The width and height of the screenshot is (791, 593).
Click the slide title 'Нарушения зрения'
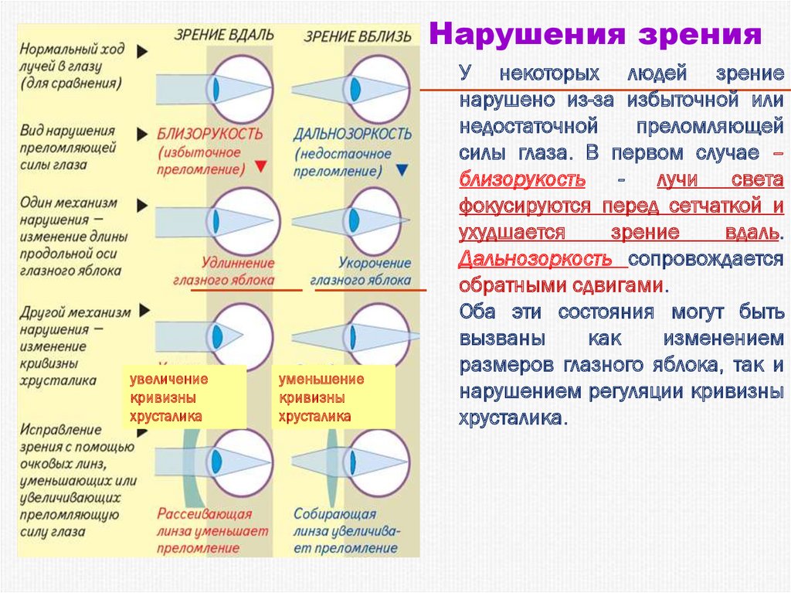(x=595, y=35)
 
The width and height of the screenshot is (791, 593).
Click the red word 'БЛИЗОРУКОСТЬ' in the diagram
(x=210, y=133)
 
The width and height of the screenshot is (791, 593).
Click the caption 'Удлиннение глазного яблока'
(x=231, y=271)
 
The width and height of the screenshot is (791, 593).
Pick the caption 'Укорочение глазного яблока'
(x=361, y=271)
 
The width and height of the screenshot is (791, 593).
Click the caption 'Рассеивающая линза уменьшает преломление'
(x=212, y=531)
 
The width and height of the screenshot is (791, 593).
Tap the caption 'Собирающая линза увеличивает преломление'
(x=347, y=531)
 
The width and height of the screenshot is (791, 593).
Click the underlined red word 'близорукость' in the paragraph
(x=522, y=180)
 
